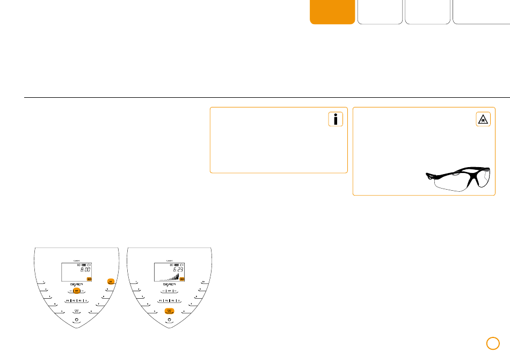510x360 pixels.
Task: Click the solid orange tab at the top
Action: [332, 12]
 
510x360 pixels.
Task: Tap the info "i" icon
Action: [336, 120]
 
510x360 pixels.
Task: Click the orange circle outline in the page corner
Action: [493, 343]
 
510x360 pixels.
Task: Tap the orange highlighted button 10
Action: [110, 281]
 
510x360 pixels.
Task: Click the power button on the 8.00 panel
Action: [77, 320]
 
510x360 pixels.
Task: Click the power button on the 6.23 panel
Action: [170, 320]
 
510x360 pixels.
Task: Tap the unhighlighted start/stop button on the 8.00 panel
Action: [77, 311]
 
